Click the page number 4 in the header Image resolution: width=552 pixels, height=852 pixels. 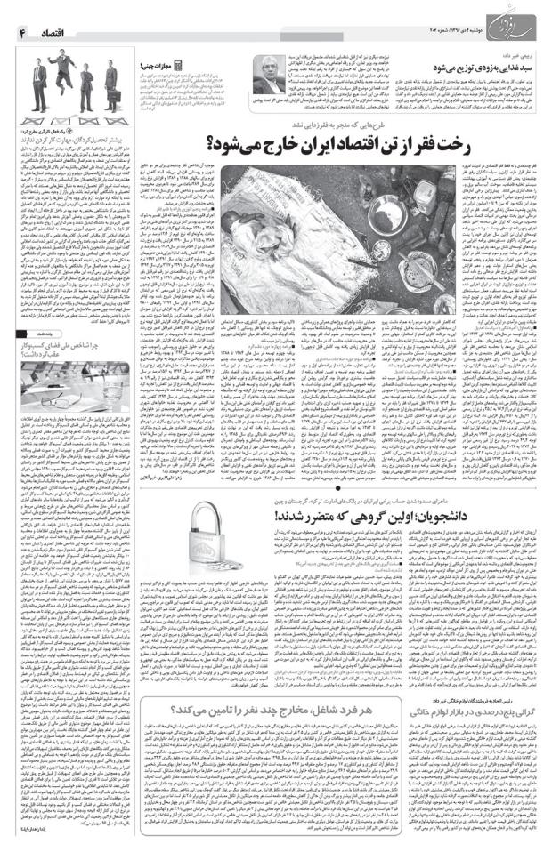point(20,32)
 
